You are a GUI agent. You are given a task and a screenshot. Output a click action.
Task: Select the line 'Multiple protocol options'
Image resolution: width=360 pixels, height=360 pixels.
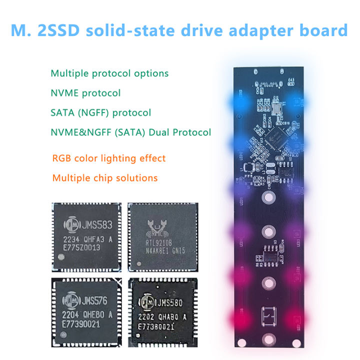coord(109,73)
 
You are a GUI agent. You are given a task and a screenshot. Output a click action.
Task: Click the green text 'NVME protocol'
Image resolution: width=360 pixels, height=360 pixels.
coord(85,93)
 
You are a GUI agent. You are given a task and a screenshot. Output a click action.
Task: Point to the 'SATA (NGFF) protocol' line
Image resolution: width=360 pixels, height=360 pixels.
coord(100,112)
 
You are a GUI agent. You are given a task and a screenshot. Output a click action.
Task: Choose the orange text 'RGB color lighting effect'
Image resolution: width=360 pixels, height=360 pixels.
coord(109,158)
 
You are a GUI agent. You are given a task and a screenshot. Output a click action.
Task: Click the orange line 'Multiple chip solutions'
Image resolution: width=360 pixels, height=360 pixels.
coord(105,178)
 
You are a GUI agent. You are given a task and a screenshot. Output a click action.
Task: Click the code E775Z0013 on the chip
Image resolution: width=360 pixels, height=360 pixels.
coord(82,246)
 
